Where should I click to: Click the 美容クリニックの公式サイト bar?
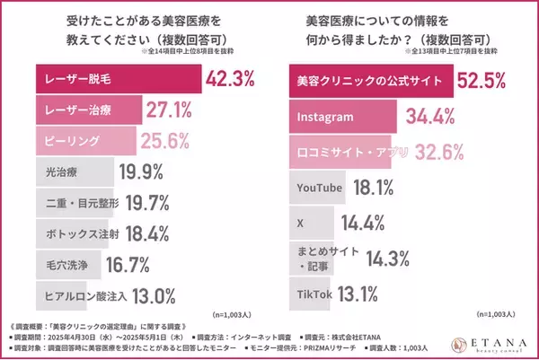369,81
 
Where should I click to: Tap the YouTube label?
320,187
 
